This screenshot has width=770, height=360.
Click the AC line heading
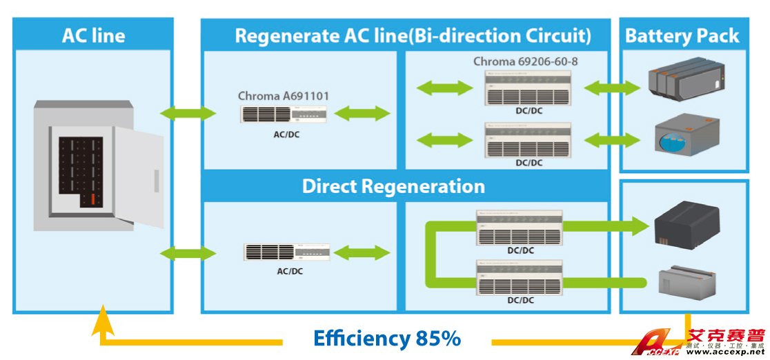click(x=93, y=35)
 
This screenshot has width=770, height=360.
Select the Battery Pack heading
click(x=682, y=36)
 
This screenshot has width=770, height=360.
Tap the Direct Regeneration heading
click(x=393, y=186)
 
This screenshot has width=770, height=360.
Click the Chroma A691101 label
click(x=283, y=96)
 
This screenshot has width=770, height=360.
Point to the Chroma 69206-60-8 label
click(x=525, y=61)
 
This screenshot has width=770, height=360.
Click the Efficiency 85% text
click(x=386, y=338)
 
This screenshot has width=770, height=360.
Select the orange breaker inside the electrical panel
click(x=90, y=199)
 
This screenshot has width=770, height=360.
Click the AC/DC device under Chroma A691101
click(x=284, y=114)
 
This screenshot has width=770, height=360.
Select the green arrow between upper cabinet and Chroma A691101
click(x=188, y=112)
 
